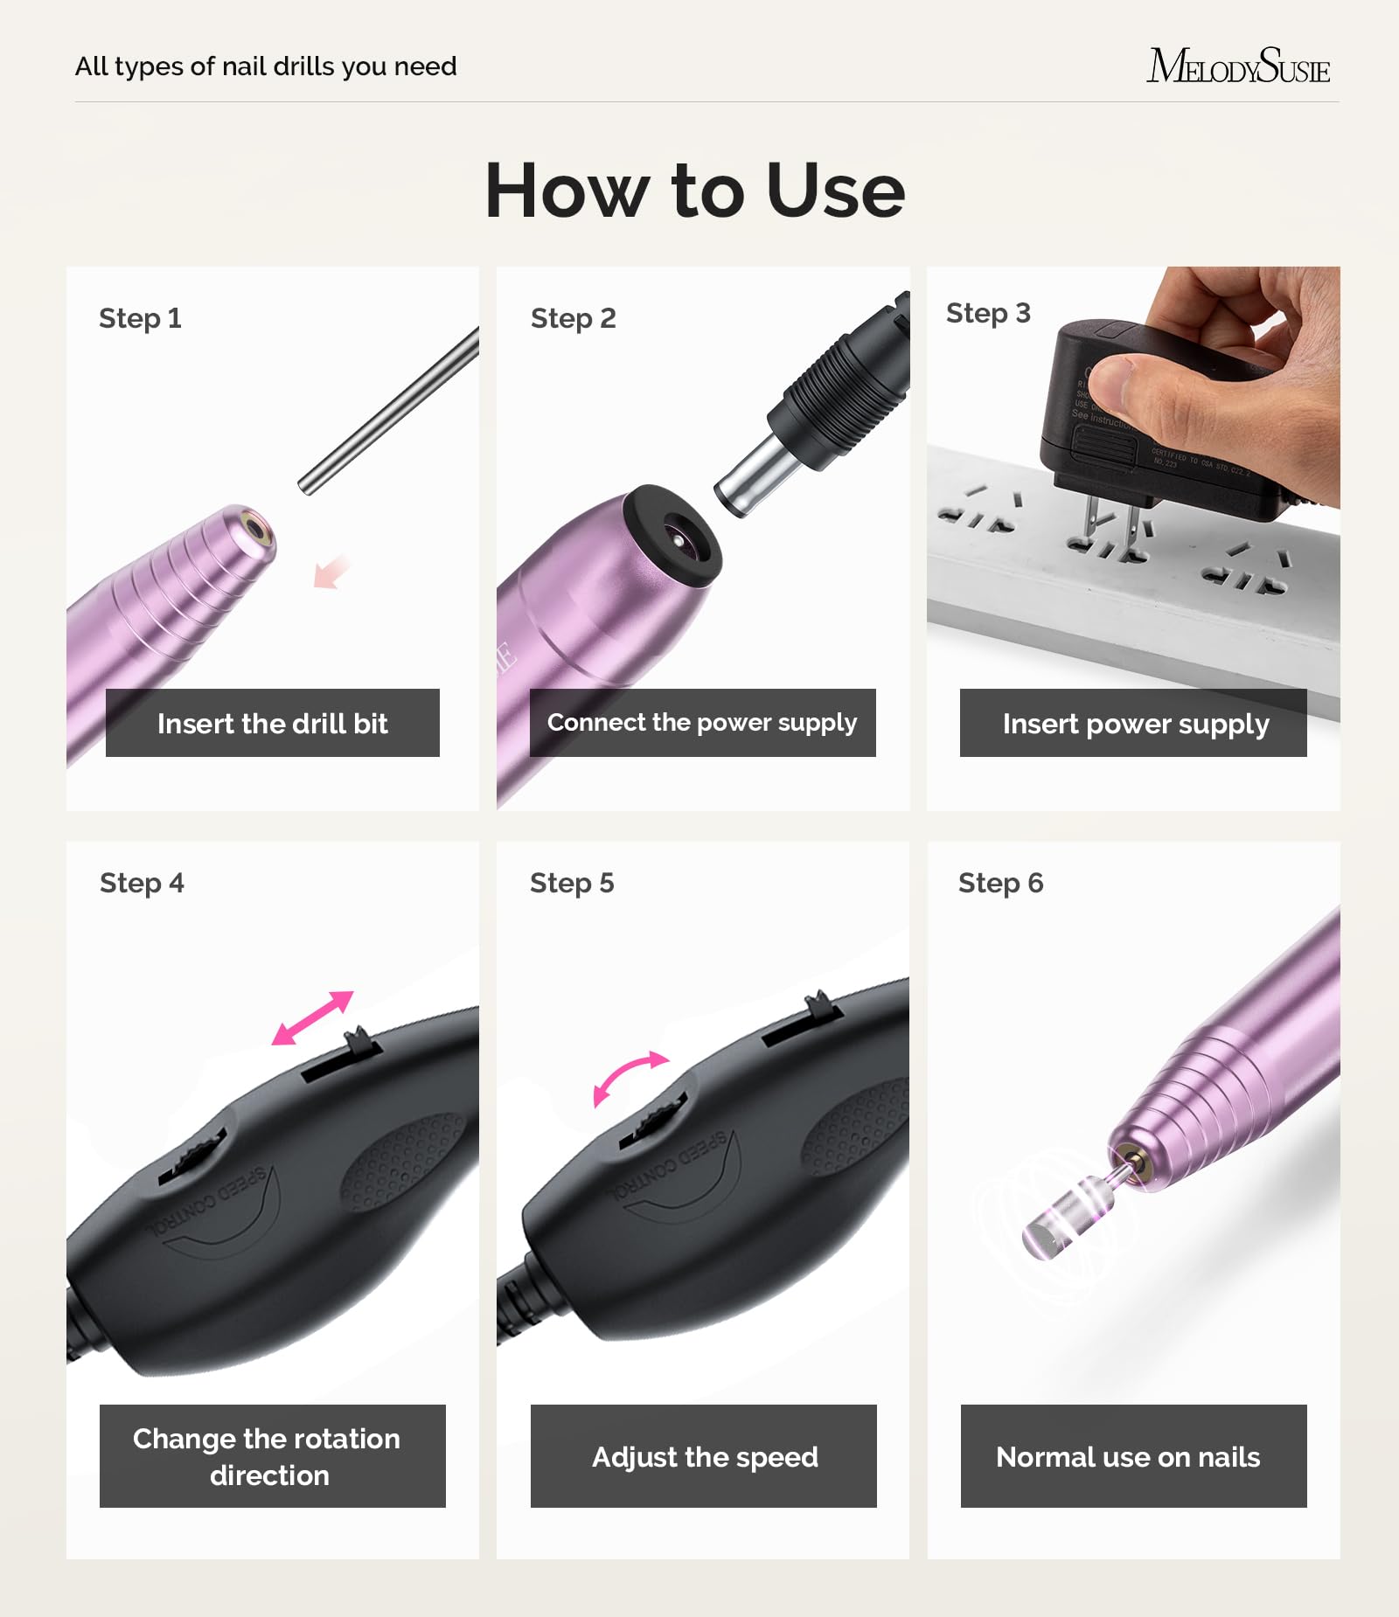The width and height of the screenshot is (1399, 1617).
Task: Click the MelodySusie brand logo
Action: click(1238, 66)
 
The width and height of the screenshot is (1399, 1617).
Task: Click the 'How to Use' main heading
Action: click(695, 191)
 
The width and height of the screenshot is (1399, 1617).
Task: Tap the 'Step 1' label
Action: click(140, 318)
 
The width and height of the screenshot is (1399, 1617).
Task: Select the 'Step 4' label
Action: click(142, 883)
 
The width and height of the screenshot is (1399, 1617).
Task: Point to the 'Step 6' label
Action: click(1000, 883)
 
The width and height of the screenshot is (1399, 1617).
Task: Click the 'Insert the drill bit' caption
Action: click(272, 723)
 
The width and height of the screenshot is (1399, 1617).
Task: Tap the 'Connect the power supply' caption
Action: click(702, 723)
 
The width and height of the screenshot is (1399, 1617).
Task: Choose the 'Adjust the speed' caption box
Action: click(704, 1457)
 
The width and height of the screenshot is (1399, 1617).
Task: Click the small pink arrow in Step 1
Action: click(331, 573)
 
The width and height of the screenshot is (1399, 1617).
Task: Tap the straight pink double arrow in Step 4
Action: click(312, 1017)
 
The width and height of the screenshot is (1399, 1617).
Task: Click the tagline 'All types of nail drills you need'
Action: click(266, 66)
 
